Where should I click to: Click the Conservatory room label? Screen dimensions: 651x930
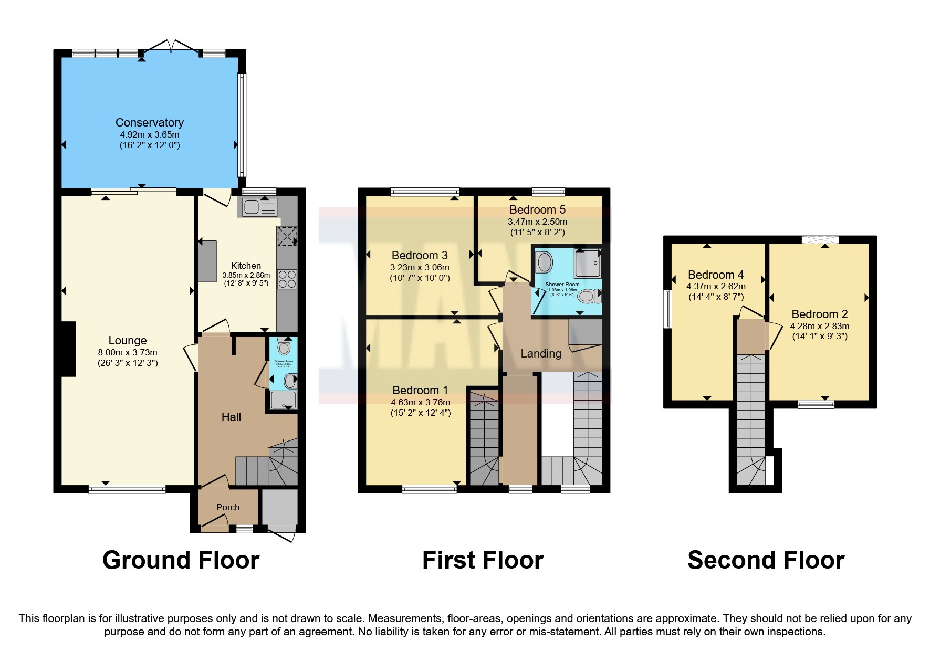pos(149,122)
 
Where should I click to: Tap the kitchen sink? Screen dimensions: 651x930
pos(252,207)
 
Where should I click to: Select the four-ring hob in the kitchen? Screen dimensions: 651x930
pos(287,279)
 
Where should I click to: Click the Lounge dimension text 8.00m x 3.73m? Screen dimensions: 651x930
pos(128,352)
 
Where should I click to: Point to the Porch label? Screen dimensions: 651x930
pos(227,507)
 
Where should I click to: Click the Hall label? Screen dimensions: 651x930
pos(231,417)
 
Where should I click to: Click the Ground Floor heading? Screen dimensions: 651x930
pos(181,560)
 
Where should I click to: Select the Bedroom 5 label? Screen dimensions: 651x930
pos(537,209)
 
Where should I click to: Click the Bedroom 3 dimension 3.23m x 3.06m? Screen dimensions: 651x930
pos(419,267)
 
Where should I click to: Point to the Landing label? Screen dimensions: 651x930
pos(541,353)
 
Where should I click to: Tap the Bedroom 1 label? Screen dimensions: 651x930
pos(420,390)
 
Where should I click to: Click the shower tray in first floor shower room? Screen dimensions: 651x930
pos(587,263)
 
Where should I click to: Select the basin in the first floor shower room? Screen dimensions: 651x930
pos(544,261)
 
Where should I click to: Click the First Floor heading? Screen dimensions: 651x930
pos(482,560)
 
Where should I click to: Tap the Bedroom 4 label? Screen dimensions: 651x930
pos(715,275)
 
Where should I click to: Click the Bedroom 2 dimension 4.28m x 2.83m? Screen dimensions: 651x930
pos(819,326)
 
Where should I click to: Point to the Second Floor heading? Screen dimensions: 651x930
pos(766,560)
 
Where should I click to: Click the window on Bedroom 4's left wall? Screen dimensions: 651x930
pos(667,309)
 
